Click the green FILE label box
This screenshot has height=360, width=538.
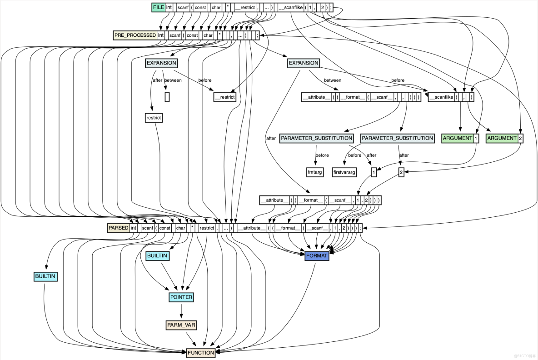(x=158, y=8)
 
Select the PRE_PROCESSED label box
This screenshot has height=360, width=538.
(x=135, y=35)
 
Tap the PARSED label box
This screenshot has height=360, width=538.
(x=118, y=228)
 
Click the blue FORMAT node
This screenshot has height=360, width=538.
(x=317, y=256)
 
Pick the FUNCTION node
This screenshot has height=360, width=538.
(x=200, y=353)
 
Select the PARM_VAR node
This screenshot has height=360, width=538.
(x=181, y=325)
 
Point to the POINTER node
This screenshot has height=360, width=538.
(x=181, y=297)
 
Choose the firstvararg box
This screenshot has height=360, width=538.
(x=344, y=173)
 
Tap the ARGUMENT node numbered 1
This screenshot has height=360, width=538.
(x=457, y=138)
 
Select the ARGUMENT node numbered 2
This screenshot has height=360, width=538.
(x=502, y=138)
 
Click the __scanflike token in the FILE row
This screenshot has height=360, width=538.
(x=290, y=8)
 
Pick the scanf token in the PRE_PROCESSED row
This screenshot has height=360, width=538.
(x=174, y=35)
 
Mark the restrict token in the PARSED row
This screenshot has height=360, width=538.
(x=206, y=228)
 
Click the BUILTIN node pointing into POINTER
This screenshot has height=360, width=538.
(x=157, y=256)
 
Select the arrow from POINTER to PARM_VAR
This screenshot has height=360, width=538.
(x=181, y=311)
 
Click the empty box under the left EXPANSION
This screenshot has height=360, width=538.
(x=167, y=97)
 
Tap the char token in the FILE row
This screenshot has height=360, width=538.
(x=216, y=8)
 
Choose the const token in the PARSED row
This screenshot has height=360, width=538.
(x=164, y=228)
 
